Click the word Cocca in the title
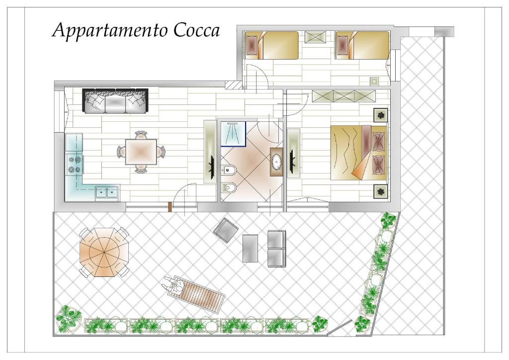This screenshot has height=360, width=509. (196, 30)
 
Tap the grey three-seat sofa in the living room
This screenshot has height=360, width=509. (115, 100)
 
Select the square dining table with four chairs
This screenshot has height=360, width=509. (141, 152)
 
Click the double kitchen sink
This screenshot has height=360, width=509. (107, 192)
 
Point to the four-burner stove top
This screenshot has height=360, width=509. (74, 165)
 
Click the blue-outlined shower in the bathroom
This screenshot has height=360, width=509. (233, 134)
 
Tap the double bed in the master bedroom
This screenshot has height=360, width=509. (359, 153)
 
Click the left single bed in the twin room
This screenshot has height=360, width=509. (272, 45)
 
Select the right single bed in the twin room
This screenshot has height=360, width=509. (362, 45)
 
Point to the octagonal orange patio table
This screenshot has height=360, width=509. (104, 252)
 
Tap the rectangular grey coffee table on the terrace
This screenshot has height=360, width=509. (251, 248)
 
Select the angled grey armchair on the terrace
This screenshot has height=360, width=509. (226, 230)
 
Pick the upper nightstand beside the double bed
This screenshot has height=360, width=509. (380, 114)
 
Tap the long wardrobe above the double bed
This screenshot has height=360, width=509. (344, 96)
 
